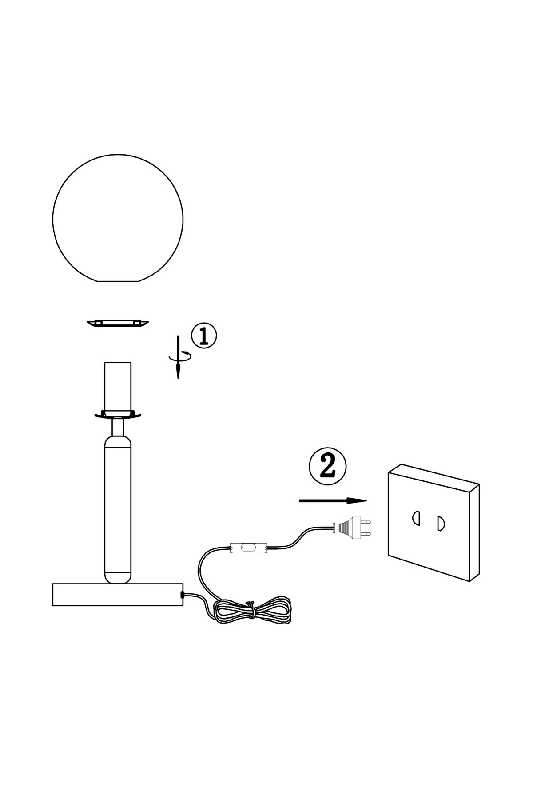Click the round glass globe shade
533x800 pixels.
pyautogui.click(x=118, y=218)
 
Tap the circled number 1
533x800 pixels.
pyautogui.click(x=204, y=336)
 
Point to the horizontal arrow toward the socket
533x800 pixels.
pyautogui.click(x=333, y=501)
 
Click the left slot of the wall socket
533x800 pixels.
pyautogui.click(x=416, y=518)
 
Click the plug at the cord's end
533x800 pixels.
pyautogui.click(x=352, y=527)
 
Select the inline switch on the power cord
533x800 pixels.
pyautogui.click(x=248, y=548)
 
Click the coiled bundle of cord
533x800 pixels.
pyautogui.click(x=252, y=611)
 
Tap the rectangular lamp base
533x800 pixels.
pyautogui.click(x=118, y=595)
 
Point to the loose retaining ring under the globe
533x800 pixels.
pyautogui.click(x=118, y=323)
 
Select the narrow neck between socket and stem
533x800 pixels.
pyautogui.click(x=118, y=427)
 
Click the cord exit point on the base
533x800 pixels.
pyautogui.click(x=183, y=594)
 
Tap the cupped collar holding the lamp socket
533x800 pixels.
pyautogui.click(x=118, y=414)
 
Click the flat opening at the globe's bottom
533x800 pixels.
pyautogui.click(x=118, y=281)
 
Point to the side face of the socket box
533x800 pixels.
pyautogui.click(x=474, y=532)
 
